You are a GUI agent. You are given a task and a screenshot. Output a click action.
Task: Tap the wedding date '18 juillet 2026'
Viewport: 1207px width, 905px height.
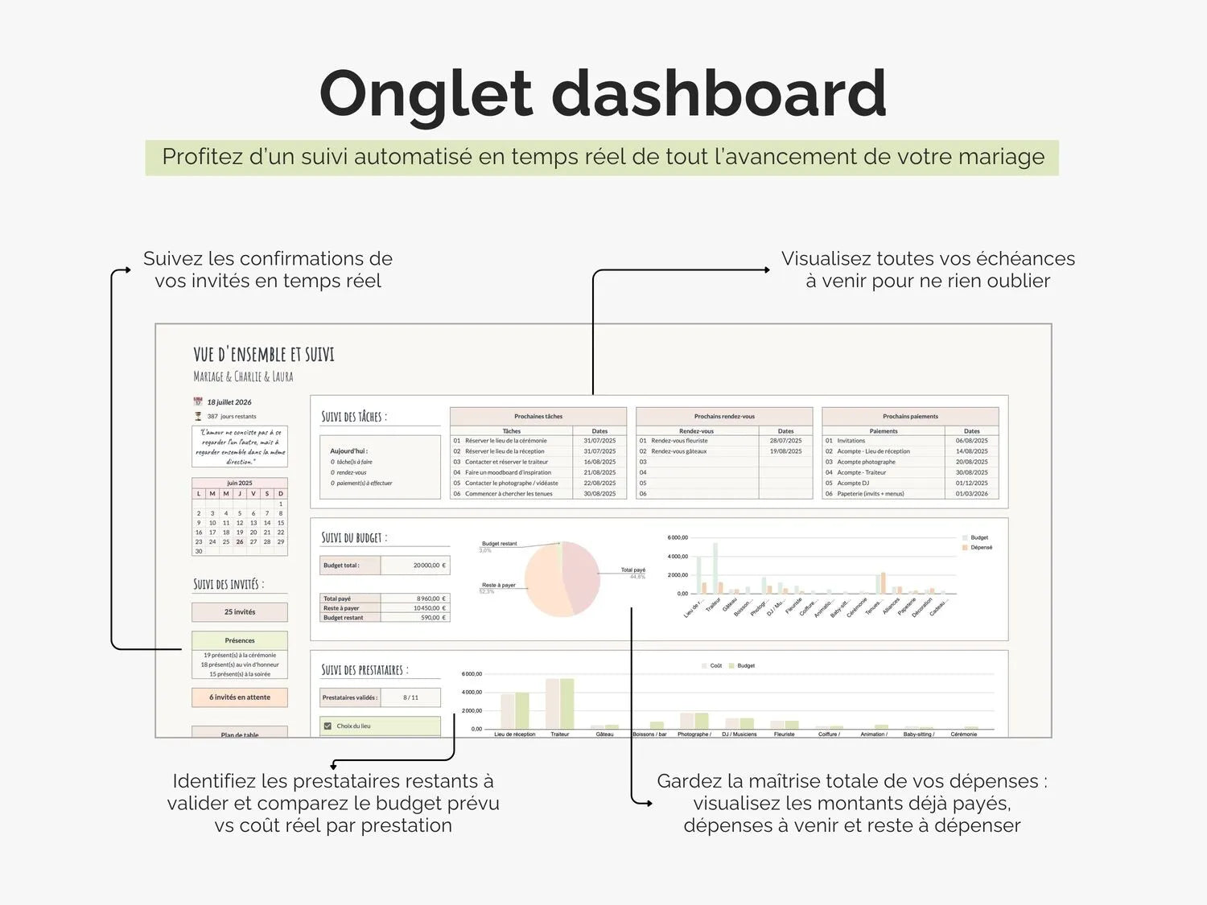[229, 402]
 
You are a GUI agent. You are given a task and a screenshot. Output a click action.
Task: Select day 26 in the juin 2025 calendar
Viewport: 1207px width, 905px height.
[240, 541]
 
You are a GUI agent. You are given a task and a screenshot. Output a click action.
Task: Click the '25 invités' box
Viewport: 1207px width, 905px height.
[240, 612]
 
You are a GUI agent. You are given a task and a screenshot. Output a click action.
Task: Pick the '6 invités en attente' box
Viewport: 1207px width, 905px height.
[240, 697]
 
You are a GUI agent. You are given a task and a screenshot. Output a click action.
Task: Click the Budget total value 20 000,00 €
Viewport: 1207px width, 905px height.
[415, 566]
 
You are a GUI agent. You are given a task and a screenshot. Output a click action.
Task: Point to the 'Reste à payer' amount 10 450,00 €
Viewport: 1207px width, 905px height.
[415, 608]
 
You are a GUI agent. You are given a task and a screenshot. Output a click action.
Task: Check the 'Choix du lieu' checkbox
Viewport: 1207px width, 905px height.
[327, 726]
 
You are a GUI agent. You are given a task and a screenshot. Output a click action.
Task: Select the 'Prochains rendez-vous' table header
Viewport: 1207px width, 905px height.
[724, 417]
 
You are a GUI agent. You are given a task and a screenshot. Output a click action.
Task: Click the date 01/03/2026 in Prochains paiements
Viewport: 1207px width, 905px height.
[971, 494]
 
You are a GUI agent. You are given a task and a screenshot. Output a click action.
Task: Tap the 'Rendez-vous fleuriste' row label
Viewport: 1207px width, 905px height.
[680, 441]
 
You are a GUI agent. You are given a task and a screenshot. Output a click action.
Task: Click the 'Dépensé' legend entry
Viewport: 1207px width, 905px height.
[981, 548]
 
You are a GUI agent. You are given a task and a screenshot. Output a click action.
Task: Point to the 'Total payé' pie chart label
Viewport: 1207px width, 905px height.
[632, 570]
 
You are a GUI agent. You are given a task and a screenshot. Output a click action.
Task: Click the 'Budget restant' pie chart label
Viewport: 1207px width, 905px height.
[499, 544]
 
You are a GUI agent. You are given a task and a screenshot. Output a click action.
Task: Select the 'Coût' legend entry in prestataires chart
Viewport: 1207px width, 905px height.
[715, 666]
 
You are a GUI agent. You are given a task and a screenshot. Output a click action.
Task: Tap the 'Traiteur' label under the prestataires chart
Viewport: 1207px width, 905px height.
[559, 734]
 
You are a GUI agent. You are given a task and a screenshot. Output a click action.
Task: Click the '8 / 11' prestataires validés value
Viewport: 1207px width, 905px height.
[410, 697]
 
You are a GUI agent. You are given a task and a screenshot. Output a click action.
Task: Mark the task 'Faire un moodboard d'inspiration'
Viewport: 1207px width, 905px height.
[508, 473]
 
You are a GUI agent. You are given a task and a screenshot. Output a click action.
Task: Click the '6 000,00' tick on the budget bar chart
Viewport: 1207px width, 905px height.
[678, 537]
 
